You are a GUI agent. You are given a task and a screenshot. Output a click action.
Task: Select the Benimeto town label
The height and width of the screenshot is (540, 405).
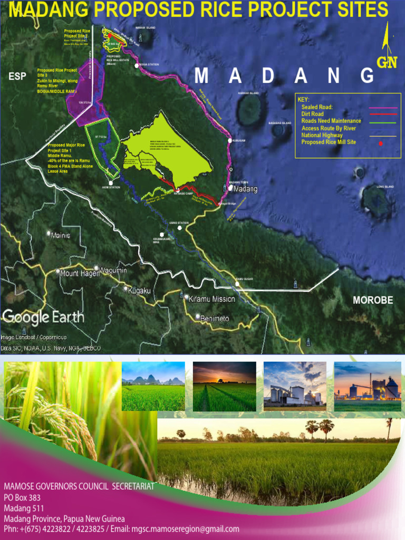(x=214, y=318)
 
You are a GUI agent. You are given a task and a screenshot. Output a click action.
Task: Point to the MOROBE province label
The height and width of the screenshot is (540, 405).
(x=373, y=300)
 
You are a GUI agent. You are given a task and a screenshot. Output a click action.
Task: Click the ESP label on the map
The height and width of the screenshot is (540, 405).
(x=17, y=76)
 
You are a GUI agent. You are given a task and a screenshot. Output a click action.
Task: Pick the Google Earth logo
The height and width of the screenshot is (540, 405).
(x=43, y=317)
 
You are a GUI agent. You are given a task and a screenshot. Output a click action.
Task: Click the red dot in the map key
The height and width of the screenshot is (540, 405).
(x=381, y=143)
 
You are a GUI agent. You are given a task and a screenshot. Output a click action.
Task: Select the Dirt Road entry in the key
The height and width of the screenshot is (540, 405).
(x=312, y=114)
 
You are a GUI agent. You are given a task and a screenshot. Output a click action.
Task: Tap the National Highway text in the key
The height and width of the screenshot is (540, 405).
(x=322, y=135)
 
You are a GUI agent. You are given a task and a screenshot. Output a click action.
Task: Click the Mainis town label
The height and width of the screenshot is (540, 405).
(x=60, y=235)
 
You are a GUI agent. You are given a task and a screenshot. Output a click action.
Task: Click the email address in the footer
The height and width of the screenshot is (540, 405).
(x=185, y=529)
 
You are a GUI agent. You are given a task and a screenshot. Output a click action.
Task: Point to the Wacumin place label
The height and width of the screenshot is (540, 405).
(x=113, y=271)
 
